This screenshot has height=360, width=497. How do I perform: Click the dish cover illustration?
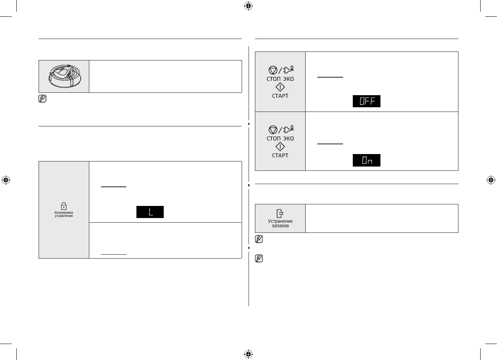click(64, 76)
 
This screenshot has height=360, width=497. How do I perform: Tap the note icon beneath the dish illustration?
click(42, 99)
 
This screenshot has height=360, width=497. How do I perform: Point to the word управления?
click(64, 216)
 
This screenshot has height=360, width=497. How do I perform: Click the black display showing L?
click(150, 212)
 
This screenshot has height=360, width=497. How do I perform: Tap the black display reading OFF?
click(366, 101)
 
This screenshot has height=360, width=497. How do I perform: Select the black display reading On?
click(366, 161)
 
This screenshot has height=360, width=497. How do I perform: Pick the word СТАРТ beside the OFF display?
click(280, 96)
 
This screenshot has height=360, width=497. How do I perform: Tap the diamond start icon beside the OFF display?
click(280, 87)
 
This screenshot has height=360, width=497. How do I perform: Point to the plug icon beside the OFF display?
click(288, 70)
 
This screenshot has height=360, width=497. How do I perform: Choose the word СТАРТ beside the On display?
click(280, 155)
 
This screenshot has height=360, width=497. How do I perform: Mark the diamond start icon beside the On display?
click(280, 147)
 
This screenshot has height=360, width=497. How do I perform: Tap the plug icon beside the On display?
click(288, 129)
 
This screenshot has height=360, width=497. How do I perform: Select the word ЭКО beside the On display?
click(288, 138)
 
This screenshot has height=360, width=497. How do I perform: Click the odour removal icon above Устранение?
click(280, 213)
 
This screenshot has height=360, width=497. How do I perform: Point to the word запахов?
click(280, 226)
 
